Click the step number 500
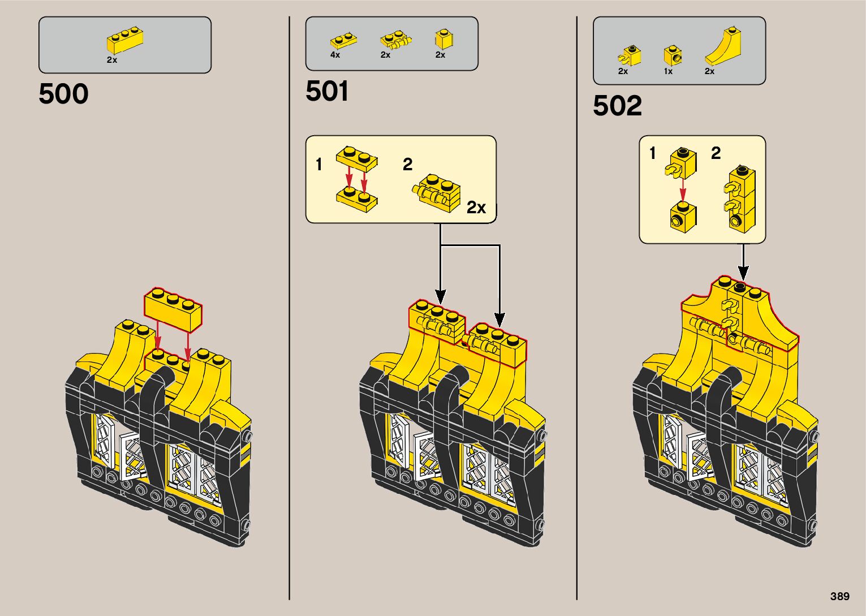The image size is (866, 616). [x=63, y=94]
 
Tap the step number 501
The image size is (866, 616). [x=327, y=92]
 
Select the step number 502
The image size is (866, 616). [x=617, y=106]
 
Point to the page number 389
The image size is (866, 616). [x=840, y=596]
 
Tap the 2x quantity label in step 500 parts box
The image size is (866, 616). [x=112, y=60]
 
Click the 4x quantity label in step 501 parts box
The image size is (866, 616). [x=335, y=55]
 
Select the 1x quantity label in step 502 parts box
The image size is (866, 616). [x=668, y=71]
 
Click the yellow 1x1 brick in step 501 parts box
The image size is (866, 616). [x=445, y=39]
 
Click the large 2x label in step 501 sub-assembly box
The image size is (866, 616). [x=476, y=208]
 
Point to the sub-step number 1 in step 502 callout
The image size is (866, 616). [x=653, y=153]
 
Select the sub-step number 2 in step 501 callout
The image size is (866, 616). [x=408, y=165]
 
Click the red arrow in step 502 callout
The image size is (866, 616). [x=683, y=189]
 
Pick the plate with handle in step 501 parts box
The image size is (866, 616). [x=395, y=41]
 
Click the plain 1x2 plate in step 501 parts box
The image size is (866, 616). [x=343, y=41]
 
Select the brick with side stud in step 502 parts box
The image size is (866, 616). [x=673, y=55]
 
